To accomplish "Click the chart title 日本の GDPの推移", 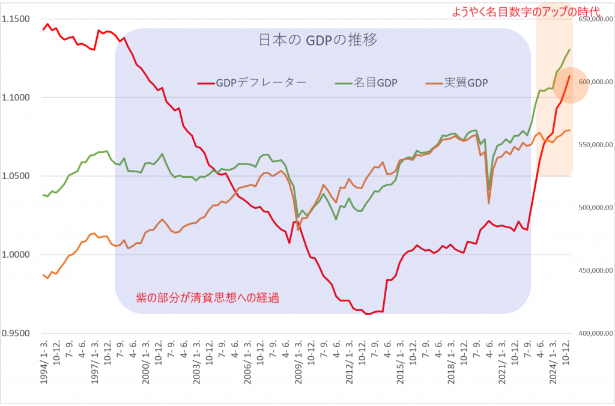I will [318, 41].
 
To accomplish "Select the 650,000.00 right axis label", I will [592, 19].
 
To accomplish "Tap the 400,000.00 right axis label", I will [592, 333].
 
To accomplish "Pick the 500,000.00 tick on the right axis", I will [592, 208].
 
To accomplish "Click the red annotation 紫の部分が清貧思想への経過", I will [208, 297].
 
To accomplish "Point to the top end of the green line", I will [569, 50].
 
